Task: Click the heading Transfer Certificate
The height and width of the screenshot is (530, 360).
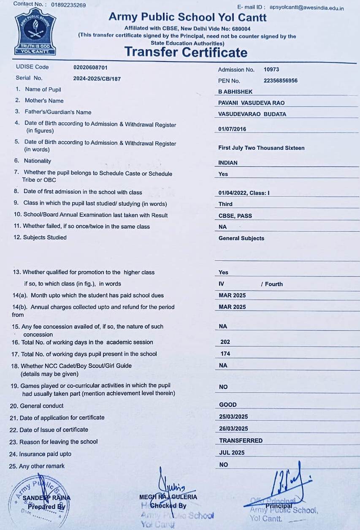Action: [x=186, y=52]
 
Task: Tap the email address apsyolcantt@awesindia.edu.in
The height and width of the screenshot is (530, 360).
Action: [x=306, y=8]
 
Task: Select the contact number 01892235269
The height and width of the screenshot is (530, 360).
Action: [x=68, y=5]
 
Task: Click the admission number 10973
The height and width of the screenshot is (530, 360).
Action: [x=271, y=70]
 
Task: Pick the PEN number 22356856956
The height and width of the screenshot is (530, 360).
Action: [x=280, y=81]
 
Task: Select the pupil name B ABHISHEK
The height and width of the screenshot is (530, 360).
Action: [x=235, y=92]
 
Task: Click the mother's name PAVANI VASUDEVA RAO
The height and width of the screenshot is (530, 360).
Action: [x=252, y=103]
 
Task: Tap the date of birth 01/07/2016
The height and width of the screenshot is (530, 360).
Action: [x=232, y=129]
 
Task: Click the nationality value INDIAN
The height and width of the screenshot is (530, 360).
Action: [x=228, y=163]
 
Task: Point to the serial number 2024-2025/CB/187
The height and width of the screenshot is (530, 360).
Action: [x=97, y=78]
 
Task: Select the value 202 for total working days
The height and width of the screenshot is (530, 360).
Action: [x=225, y=342]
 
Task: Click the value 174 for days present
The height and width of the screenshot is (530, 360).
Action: [x=225, y=354]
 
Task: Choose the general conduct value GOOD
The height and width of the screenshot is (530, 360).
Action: [x=228, y=405]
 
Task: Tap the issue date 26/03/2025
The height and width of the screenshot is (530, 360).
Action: [x=233, y=429]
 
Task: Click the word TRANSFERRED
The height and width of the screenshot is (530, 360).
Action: [x=241, y=441]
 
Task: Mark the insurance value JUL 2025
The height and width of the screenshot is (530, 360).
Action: [x=232, y=453]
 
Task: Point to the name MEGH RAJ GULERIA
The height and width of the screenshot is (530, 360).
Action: [x=168, y=497]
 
